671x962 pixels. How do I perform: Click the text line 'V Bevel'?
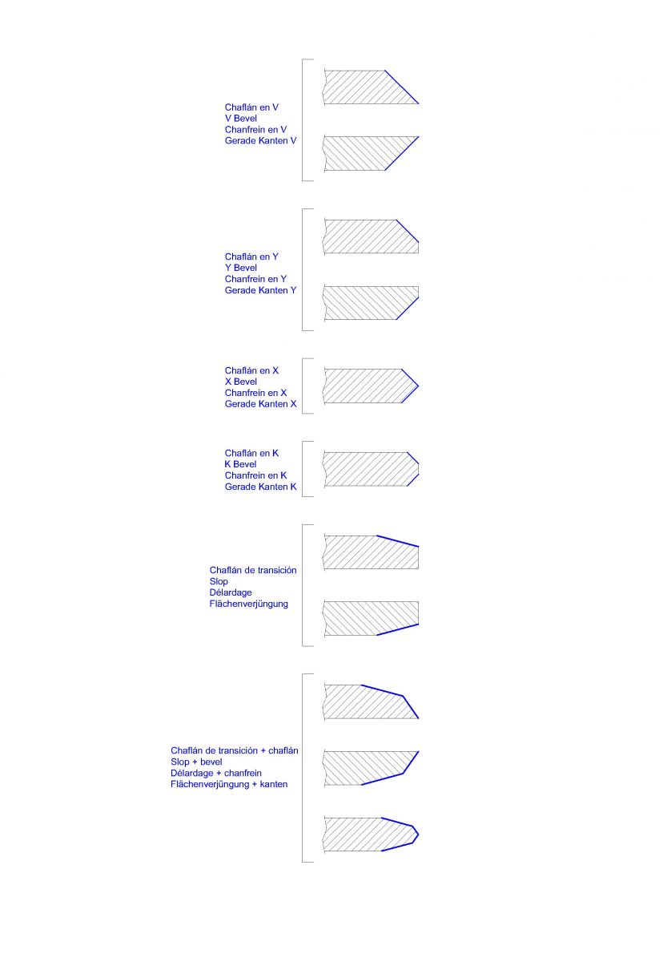pyautogui.click(x=241, y=119)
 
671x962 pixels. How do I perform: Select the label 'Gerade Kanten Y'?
pyautogui.click(x=260, y=290)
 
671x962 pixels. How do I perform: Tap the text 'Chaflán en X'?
pyautogui.click(x=251, y=370)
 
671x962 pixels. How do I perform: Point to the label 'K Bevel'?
pyautogui.click(x=241, y=464)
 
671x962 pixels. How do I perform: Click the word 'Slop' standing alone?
pyautogui.click(x=219, y=582)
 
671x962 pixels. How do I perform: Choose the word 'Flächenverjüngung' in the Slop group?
pyautogui.click(x=248, y=604)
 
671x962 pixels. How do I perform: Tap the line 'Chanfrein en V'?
pyautogui.click(x=255, y=130)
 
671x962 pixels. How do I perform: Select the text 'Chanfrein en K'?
pyautogui.click(x=255, y=475)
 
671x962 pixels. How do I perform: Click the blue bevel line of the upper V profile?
pyautogui.click(x=402, y=87)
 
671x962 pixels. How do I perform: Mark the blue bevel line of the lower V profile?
pyautogui.click(x=402, y=153)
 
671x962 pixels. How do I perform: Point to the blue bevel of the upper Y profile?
pyautogui.click(x=407, y=231)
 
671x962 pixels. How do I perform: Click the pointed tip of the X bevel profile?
pyautogui.click(x=418, y=386)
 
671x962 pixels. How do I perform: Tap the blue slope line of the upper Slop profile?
pyautogui.click(x=397, y=541)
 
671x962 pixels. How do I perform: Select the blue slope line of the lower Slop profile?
pyautogui.click(x=397, y=629)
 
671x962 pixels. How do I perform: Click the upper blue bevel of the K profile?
pyautogui.click(x=412, y=458)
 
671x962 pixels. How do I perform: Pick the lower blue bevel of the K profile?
pyautogui.click(x=412, y=480)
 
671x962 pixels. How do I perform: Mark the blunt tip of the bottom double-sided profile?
pyautogui.click(x=418, y=835)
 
